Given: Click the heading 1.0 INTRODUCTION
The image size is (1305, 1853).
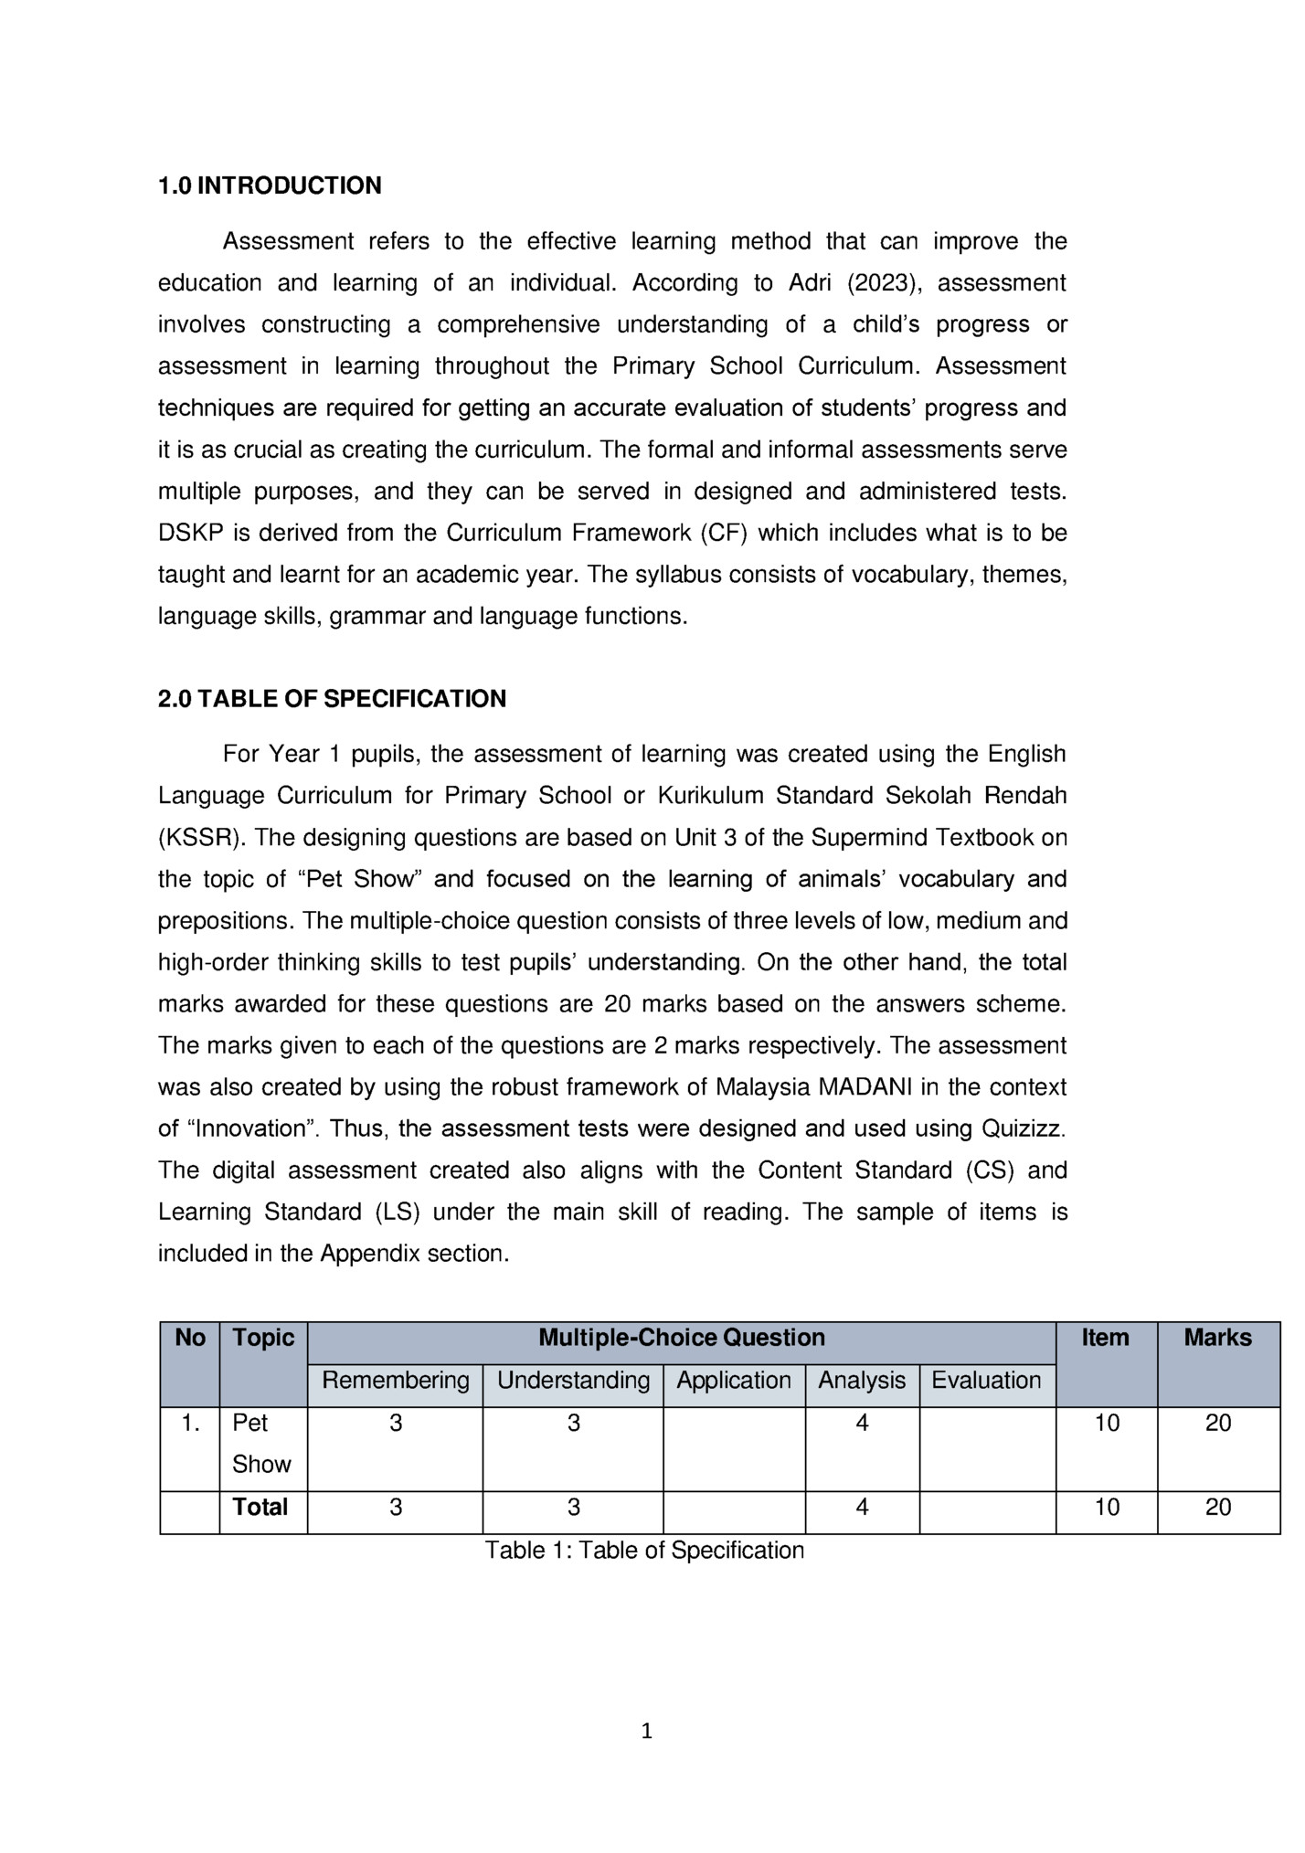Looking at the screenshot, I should (x=270, y=185).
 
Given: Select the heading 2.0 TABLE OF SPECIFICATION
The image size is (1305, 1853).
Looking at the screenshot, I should (x=332, y=699).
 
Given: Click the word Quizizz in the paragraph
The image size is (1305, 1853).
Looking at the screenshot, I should (x=1023, y=1128).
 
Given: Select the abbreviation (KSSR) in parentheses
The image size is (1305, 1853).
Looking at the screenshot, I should (x=194, y=838).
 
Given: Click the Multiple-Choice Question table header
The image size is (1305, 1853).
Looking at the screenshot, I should (x=681, y=1338).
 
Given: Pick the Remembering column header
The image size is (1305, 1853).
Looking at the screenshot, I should (x=396, y=1380).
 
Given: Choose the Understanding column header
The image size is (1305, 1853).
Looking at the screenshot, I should (x=573, y=1380).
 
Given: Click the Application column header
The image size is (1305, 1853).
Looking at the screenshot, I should (x=734, y=1380).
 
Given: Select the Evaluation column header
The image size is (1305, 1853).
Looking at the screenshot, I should (x=986, y=1380).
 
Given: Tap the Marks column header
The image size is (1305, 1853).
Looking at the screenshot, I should (x=1218, y=1338).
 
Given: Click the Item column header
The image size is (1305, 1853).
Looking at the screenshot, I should (x=1106, y=1338).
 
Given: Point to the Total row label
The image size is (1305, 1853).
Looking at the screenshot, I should (x=260, y=1507).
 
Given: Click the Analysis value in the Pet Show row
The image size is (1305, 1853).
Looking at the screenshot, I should (x=862, y=1423).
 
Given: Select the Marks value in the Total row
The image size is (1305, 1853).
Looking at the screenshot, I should (x=1218, y=1507).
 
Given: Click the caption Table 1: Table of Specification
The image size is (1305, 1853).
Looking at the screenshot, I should (x=644, y=1550).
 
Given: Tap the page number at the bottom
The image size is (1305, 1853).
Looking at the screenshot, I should (x=647, y=1731).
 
